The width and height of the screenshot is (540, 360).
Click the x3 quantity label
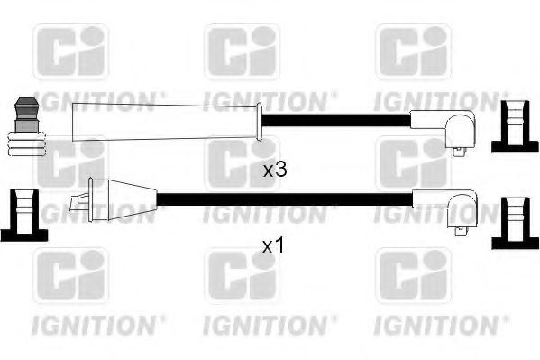coord(274,170)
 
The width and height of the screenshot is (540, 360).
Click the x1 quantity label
coord(273,245)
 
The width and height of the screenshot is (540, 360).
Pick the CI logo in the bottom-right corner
coord(411,276)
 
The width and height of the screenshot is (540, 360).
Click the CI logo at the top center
coord(241,52)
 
